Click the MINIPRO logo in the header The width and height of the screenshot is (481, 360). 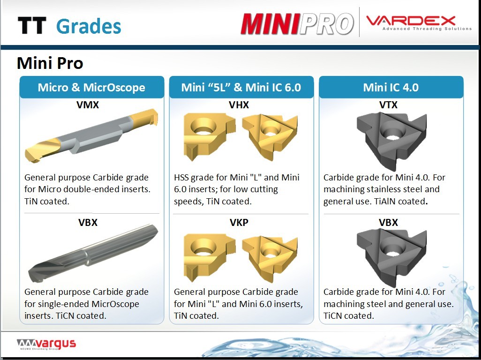297,23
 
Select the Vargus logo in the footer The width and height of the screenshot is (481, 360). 46,344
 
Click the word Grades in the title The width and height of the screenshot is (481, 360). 89,26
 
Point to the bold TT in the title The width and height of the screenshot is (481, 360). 32,25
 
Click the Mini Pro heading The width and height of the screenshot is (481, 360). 50,63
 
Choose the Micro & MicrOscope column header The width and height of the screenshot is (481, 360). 91,87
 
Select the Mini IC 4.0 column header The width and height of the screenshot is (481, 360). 391,87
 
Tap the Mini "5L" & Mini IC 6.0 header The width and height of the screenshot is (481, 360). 241,87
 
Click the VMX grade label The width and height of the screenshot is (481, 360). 88,105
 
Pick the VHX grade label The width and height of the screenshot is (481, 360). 239,105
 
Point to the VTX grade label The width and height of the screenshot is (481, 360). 388,105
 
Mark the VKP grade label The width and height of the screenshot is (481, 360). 239,222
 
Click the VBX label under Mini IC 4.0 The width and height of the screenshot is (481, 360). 388,222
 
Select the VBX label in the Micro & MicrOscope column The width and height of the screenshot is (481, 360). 88,222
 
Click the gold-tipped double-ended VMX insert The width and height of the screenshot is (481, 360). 91,135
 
